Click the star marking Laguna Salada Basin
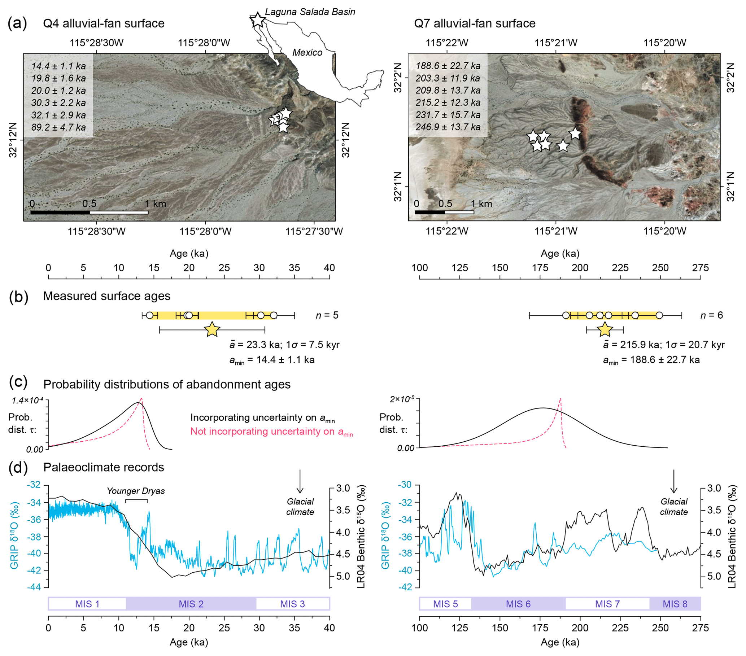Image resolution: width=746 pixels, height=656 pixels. tap(258, 20)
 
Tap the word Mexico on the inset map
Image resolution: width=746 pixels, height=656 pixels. tap(307, 53)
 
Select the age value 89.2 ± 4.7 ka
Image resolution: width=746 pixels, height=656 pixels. tap(58, 127)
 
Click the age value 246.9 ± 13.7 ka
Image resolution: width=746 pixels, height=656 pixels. tap(448, 127)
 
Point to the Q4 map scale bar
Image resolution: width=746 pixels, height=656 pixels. tap(90, 212)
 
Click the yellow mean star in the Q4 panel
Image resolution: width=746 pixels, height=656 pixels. tap(212, 330)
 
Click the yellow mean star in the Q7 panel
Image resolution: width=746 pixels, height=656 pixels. tap(605, 330)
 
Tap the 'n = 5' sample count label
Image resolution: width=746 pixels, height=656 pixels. tap(327, 315)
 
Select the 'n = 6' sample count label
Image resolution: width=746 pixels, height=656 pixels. tap(711, 315)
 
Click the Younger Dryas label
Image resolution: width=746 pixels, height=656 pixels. tap(136, 491)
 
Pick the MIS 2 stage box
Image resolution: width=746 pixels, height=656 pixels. tap(191, 604)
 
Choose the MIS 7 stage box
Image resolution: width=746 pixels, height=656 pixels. tap(607, 604)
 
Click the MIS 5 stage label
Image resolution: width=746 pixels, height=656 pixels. tap(445, 604)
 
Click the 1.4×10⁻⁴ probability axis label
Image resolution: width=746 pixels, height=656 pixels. tap(27, 400)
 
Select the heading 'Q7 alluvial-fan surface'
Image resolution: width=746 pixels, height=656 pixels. tap(475, 23)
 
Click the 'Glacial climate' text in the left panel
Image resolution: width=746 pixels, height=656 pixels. tap(300, 507)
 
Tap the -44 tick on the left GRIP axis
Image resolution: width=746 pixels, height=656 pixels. tap(35, 588)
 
